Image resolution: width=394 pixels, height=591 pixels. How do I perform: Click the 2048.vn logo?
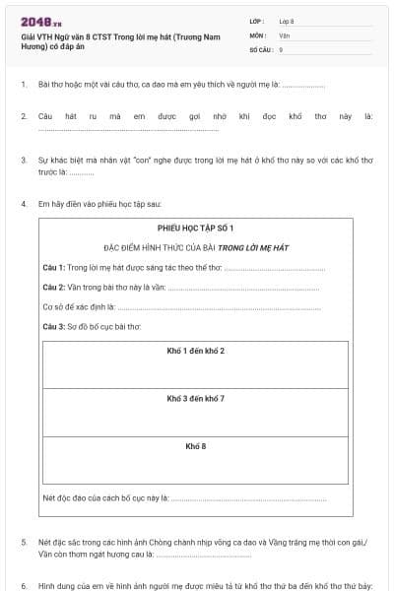click(41, 22)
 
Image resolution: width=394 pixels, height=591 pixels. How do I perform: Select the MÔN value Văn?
click(284, 34)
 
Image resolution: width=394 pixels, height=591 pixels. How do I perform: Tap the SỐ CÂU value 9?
click(281, 48)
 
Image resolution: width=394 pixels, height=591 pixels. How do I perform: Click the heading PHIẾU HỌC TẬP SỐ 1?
click(195, 228)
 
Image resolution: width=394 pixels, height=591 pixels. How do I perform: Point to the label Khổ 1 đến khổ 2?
click(195, 351)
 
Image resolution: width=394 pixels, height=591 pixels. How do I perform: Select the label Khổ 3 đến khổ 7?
click(195, 398)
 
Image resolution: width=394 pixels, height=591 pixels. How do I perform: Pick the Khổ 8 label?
click(195, 446)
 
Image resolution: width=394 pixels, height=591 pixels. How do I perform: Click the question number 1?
click(23, 85)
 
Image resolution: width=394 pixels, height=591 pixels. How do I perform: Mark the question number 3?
click(23, 159)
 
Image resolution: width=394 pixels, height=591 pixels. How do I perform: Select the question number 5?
click(23, 543)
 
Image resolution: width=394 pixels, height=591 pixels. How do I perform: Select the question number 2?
click(23, 116)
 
